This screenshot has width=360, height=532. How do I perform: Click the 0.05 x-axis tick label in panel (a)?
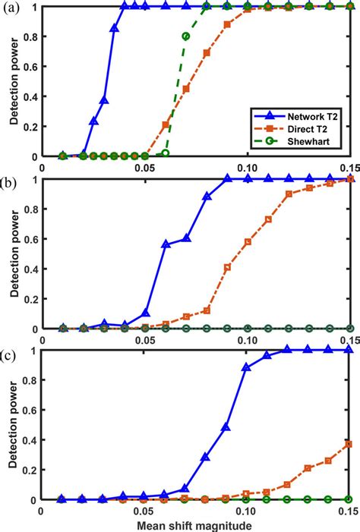click(x=145, y=166)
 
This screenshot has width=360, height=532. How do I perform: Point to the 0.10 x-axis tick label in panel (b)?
click(x=248, y=339)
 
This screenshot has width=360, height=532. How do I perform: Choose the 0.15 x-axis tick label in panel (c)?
click(x=349, y=511)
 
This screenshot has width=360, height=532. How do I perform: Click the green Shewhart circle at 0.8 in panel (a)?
click(x=186, y=36)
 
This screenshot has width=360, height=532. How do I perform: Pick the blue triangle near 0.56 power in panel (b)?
click(x=166, y=244)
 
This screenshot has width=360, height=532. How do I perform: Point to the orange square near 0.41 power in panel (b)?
click(x=227, y=267)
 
